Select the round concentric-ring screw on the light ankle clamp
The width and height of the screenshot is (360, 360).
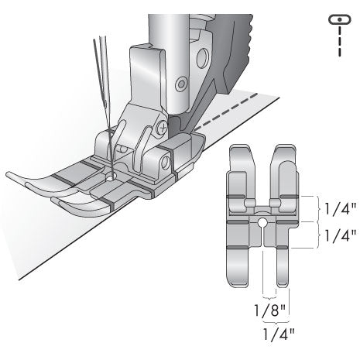coord(180,81)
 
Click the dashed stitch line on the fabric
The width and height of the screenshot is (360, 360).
coord(225,109)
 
